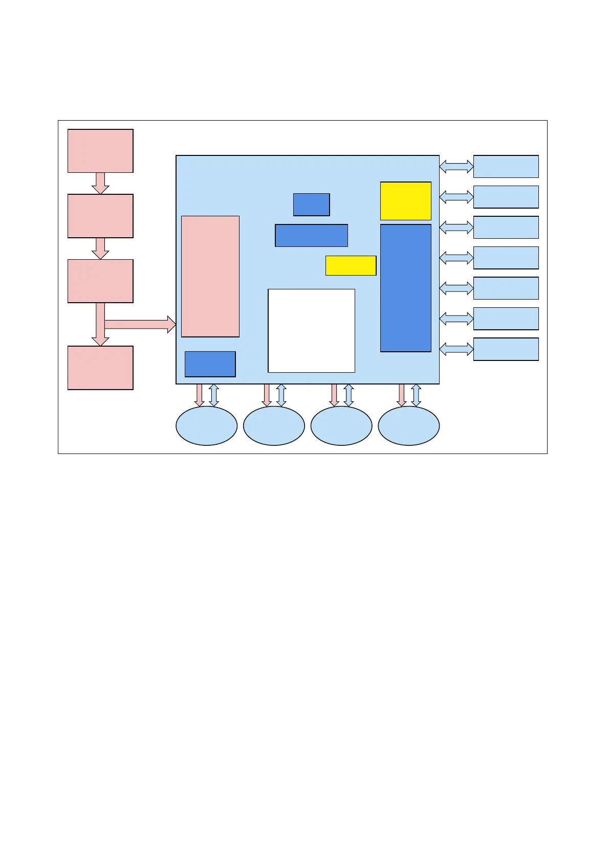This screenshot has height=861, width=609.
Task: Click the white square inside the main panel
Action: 311,330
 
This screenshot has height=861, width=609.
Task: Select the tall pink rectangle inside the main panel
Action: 210,276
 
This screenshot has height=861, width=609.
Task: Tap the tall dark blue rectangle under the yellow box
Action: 405,288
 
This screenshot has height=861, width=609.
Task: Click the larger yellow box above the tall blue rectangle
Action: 405,201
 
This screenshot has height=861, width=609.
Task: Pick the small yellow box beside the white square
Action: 351,265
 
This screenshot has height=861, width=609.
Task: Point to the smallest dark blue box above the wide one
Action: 311,205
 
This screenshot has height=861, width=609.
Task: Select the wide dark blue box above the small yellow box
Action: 311,235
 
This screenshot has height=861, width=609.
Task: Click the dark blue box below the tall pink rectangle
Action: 210,364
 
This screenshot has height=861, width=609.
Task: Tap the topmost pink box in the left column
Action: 100,151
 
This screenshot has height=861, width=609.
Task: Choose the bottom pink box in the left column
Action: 100,368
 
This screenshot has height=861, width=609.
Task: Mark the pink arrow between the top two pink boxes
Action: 100,183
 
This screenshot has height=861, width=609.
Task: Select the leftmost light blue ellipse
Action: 206,425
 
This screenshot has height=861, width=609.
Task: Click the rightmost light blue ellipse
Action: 408,425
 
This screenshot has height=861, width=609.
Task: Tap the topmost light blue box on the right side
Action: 506,166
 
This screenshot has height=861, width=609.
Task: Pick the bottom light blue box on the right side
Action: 506,349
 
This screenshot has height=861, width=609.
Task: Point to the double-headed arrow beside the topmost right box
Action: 456,166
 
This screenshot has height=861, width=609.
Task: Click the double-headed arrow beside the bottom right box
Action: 456,349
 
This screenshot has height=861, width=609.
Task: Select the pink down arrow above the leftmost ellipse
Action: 200,395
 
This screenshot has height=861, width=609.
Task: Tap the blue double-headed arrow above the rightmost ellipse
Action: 416,395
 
